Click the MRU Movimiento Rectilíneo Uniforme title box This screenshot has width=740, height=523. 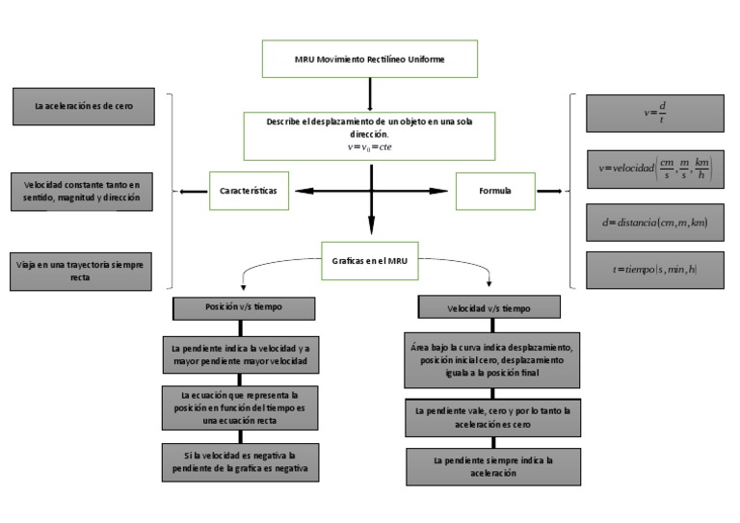click(369, 59)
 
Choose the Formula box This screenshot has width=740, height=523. click(495, 192)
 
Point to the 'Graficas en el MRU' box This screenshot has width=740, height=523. click(370, 259)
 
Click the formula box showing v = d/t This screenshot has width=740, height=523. click(654, 113)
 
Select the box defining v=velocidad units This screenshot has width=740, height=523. click(654, 169)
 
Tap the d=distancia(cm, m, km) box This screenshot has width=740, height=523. click(654, 222)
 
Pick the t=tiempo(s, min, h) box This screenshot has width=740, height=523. click(654, 270)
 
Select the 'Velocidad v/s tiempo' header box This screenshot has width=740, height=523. click(489, 309)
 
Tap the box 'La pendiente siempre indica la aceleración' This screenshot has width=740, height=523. click(492, 467)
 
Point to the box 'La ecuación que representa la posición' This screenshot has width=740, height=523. click(241, 407)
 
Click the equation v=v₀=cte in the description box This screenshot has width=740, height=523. click(369, 147)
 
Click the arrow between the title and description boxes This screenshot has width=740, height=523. click(370, 94)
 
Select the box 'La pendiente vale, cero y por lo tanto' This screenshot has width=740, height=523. click(492, 418)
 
